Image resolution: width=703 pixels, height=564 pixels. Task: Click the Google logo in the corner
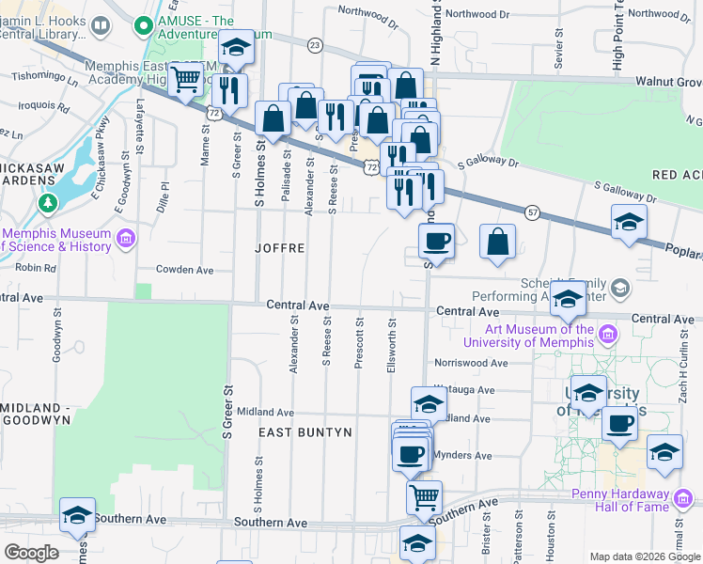point(31,553)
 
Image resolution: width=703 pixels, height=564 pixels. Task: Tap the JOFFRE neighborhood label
point(279,249)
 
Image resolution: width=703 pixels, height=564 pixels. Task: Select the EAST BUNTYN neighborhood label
point(305,432)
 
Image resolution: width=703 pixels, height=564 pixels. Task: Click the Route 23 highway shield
point(314,45)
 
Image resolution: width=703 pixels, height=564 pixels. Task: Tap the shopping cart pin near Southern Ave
point(424,495)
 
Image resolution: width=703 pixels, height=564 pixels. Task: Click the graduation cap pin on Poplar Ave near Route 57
point(629,222)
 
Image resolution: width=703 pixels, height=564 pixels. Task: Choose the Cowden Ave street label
point(185,270)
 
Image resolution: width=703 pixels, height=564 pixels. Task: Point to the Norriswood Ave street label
point(470,363)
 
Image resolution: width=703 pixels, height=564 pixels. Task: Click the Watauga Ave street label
point(463,389)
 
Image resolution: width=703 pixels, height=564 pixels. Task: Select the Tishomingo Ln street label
point(44,78)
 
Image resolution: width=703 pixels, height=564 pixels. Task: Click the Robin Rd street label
point(37,268)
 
